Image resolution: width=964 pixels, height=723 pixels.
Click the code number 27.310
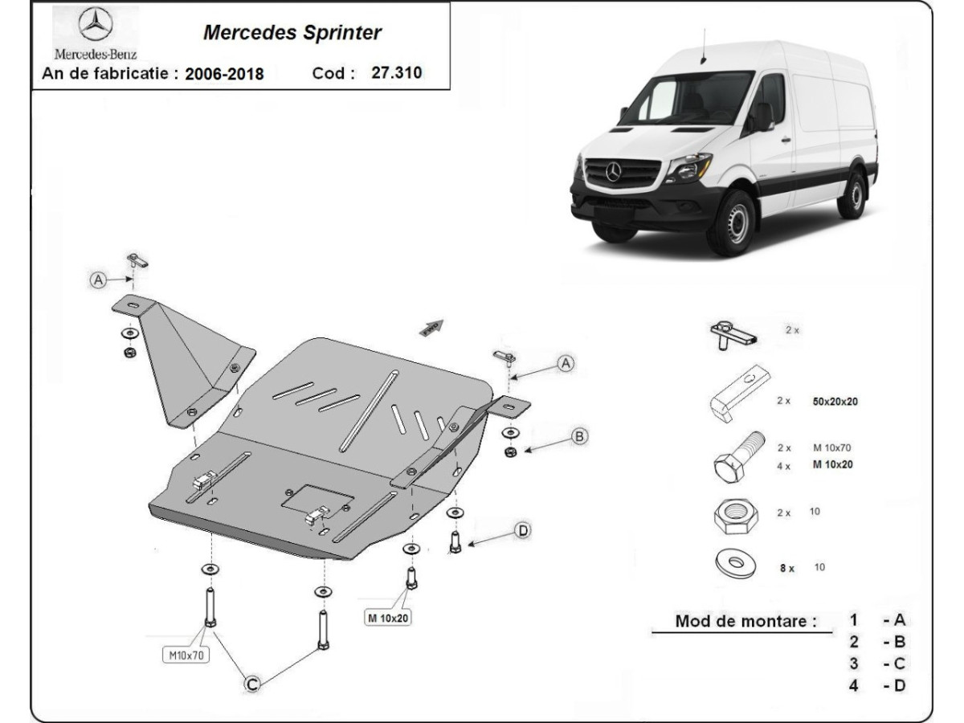(x=397, y=72)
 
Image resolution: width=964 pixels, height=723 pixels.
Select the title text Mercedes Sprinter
(x=292, y=33)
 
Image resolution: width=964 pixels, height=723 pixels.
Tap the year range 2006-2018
(x=224, y=74)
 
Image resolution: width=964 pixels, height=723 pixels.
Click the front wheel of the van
(x=731, y=222)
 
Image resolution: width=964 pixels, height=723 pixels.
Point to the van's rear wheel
(x=852, y=194)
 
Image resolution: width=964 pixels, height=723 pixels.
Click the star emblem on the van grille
(x=614, y=171)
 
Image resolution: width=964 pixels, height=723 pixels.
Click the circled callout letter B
(x=579, y=436)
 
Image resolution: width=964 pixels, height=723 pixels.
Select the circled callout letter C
(x=252, y=684)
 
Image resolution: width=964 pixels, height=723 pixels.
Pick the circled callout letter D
(x=523, y=530)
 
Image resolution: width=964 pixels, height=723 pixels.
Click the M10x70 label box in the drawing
(x=186, y=655)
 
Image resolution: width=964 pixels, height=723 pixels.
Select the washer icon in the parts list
(x=734, y=564)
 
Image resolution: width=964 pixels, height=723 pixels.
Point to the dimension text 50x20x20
(x=835, y=401)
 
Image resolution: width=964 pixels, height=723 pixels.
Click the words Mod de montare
(x=745, y=620)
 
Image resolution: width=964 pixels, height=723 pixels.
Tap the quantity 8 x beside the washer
(x=786, y=568)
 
